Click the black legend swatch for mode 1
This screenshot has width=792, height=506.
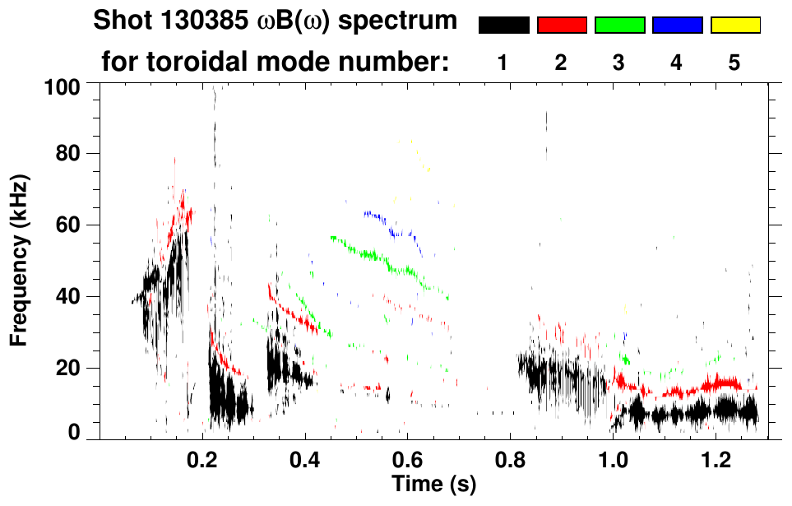coord(504,26)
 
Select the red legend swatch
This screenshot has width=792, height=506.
coord(562,26)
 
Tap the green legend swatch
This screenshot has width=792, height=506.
coord(619,26)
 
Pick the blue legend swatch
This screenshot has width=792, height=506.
coord(677,26)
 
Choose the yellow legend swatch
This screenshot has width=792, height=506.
coord(735,26)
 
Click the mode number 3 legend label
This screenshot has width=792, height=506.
coord(618,63)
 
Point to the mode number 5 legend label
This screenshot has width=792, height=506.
coord(734,63)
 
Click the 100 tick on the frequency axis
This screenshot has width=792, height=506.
coord(63,86)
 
